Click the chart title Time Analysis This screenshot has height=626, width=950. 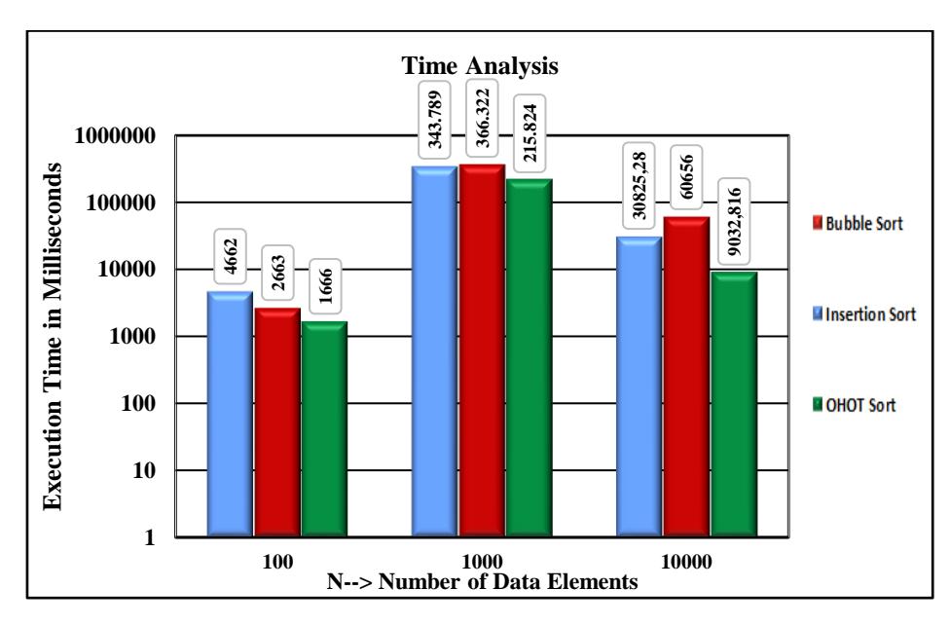tap(479, 65)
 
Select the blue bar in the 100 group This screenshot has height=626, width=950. tap(231, 414)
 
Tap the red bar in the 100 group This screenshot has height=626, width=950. tap(277, 423)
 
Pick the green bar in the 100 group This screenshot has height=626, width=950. tap(324, 429)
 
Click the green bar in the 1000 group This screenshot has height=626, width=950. tap(529, 357)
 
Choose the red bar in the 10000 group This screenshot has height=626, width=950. tap(686, 377)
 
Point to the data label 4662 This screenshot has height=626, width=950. tap(231, 256)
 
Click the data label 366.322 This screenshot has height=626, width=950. tap(483, 118)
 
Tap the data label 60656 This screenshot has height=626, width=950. tap(686, 176)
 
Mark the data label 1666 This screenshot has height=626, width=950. tap(325, 286)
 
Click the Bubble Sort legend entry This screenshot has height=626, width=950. tap(858, 224)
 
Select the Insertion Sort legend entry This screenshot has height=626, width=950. tap(864, 313)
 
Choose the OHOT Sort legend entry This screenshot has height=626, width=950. tap(855, 405)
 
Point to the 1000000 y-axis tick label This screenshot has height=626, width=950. tap(115, 135)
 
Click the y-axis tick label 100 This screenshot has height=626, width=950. tap(138, 403)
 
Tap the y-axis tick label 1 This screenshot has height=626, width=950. tap(150, 537)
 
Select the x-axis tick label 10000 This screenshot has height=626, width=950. tap(686, 562)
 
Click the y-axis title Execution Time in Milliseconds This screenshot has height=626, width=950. tap(53, 336)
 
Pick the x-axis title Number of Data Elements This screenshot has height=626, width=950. tap(508, 582)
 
